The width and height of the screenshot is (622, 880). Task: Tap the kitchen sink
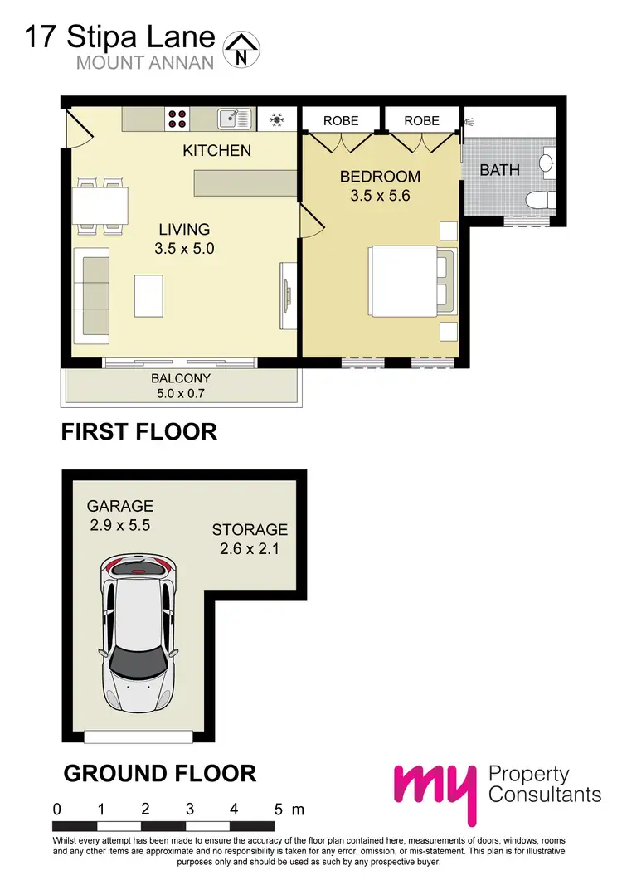point(235,119)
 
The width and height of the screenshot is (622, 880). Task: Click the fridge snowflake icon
point(276,119)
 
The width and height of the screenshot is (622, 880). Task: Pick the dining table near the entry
point(100,205)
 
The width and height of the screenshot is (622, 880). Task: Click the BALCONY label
point(179,378)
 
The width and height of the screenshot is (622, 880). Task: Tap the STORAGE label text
point(250,529)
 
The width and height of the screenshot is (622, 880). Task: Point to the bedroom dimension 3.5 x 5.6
point(381,197)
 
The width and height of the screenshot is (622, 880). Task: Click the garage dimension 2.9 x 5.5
point(121,525)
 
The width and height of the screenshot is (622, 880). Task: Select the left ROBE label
point(341,120)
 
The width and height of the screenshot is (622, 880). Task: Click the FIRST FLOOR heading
point(139,431)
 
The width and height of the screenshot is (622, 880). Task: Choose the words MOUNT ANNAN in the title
point(145,62)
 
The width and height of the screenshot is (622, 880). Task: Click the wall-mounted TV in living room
point(288,294)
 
